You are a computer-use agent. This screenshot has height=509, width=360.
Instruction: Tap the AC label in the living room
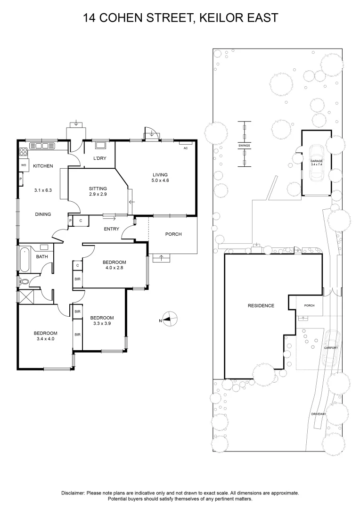click(185, 148)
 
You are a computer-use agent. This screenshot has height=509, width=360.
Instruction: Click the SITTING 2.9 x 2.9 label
click(98, 191)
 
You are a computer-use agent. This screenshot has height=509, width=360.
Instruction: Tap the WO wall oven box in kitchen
click(23, 166)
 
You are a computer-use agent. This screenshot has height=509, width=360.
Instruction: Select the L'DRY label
click(99, 158)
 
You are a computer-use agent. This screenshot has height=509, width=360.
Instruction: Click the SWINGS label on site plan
click(244, 146)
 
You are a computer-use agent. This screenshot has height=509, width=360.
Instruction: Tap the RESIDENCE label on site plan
click(261, 306)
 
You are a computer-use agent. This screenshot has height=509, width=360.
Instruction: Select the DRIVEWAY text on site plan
click(319, 414)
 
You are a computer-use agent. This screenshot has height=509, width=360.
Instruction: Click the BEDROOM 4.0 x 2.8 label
click(115, 266)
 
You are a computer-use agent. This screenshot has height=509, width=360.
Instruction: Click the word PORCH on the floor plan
click(173, 234)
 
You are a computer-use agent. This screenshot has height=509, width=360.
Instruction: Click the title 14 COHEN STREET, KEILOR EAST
click(180, 18)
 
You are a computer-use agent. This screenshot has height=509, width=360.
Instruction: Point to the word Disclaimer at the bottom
click(73, 493)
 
